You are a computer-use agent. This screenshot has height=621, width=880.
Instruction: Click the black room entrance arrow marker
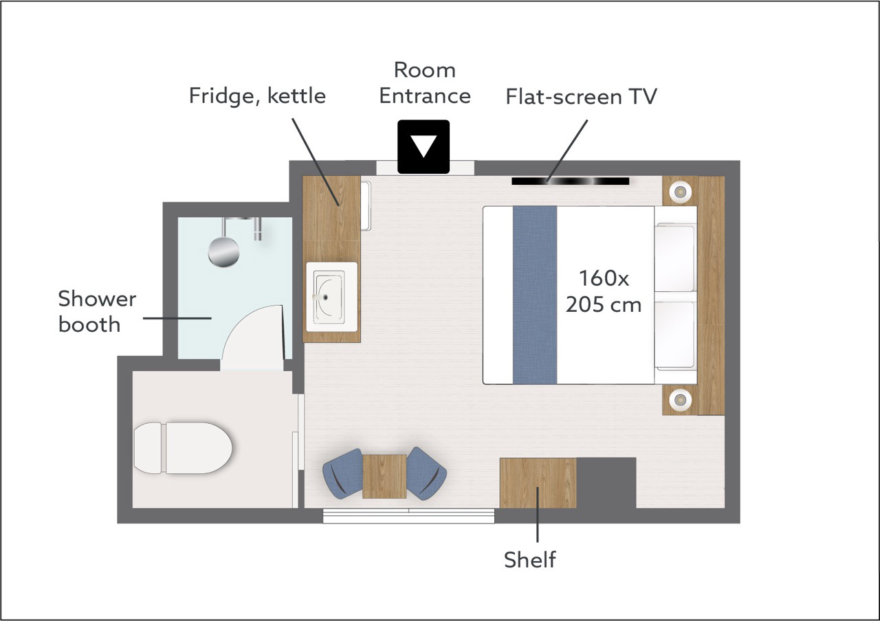(423, 146)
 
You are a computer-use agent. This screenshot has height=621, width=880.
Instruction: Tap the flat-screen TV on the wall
(570, 181)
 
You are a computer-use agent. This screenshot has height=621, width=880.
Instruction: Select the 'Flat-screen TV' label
(581, 96)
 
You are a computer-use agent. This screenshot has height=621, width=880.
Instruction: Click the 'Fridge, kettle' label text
(257, 96)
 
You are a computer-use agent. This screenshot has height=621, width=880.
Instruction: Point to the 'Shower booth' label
(97, 311)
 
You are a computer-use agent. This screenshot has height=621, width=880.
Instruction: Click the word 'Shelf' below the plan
(529, 559)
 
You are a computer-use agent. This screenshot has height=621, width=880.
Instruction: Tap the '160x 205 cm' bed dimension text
(604, 291)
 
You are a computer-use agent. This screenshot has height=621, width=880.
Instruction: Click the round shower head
(223, 252)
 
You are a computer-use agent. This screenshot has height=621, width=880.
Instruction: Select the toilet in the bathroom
(183, 448)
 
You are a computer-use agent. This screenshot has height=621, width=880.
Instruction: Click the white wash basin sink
(331, 297)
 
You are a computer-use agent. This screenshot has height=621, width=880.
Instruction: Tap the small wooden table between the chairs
(384, 476)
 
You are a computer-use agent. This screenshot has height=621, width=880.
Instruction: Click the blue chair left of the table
(343, 473)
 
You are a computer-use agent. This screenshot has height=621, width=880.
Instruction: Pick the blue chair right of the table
(426, 473)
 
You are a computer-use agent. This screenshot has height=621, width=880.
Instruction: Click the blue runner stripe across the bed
(535, 295)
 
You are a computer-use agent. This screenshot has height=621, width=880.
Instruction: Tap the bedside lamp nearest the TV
(681, 192)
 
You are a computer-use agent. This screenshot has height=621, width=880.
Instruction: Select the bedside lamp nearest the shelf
(681, 400)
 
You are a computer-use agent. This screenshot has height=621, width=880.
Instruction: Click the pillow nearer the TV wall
(675, 258)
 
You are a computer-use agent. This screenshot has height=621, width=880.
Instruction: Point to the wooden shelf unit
(538, 483)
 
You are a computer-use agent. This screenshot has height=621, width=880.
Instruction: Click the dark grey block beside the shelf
(606, 483)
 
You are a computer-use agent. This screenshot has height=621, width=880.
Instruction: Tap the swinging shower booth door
(252, 338)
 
